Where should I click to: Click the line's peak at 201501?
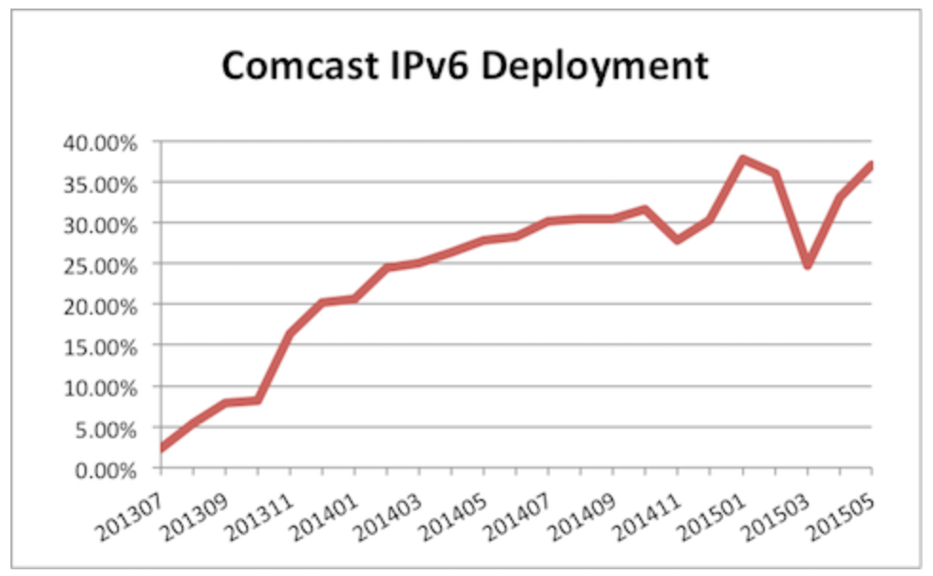[743, 159]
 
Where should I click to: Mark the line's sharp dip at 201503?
[808, 265]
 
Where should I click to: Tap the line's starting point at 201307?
[162, 449]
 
